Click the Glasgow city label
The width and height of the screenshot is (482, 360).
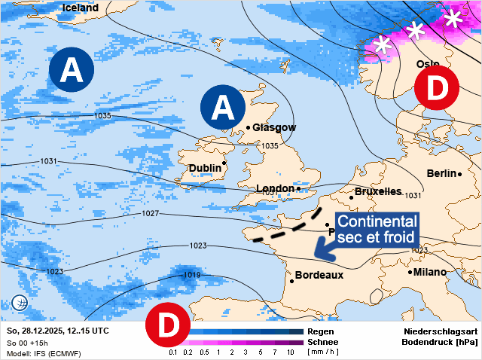274,127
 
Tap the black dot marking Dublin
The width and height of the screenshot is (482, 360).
224,163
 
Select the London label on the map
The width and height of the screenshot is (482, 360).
275,188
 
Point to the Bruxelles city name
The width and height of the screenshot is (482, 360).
377,192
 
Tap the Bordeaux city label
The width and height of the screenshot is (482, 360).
319,275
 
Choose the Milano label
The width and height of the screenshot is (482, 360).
429,272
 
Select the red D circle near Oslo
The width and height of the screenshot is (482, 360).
437,88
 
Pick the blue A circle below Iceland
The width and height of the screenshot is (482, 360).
72,70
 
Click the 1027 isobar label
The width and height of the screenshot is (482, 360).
151,214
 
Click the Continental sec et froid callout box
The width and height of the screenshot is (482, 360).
377,229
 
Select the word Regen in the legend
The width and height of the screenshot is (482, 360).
322,331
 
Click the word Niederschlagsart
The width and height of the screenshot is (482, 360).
440,331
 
